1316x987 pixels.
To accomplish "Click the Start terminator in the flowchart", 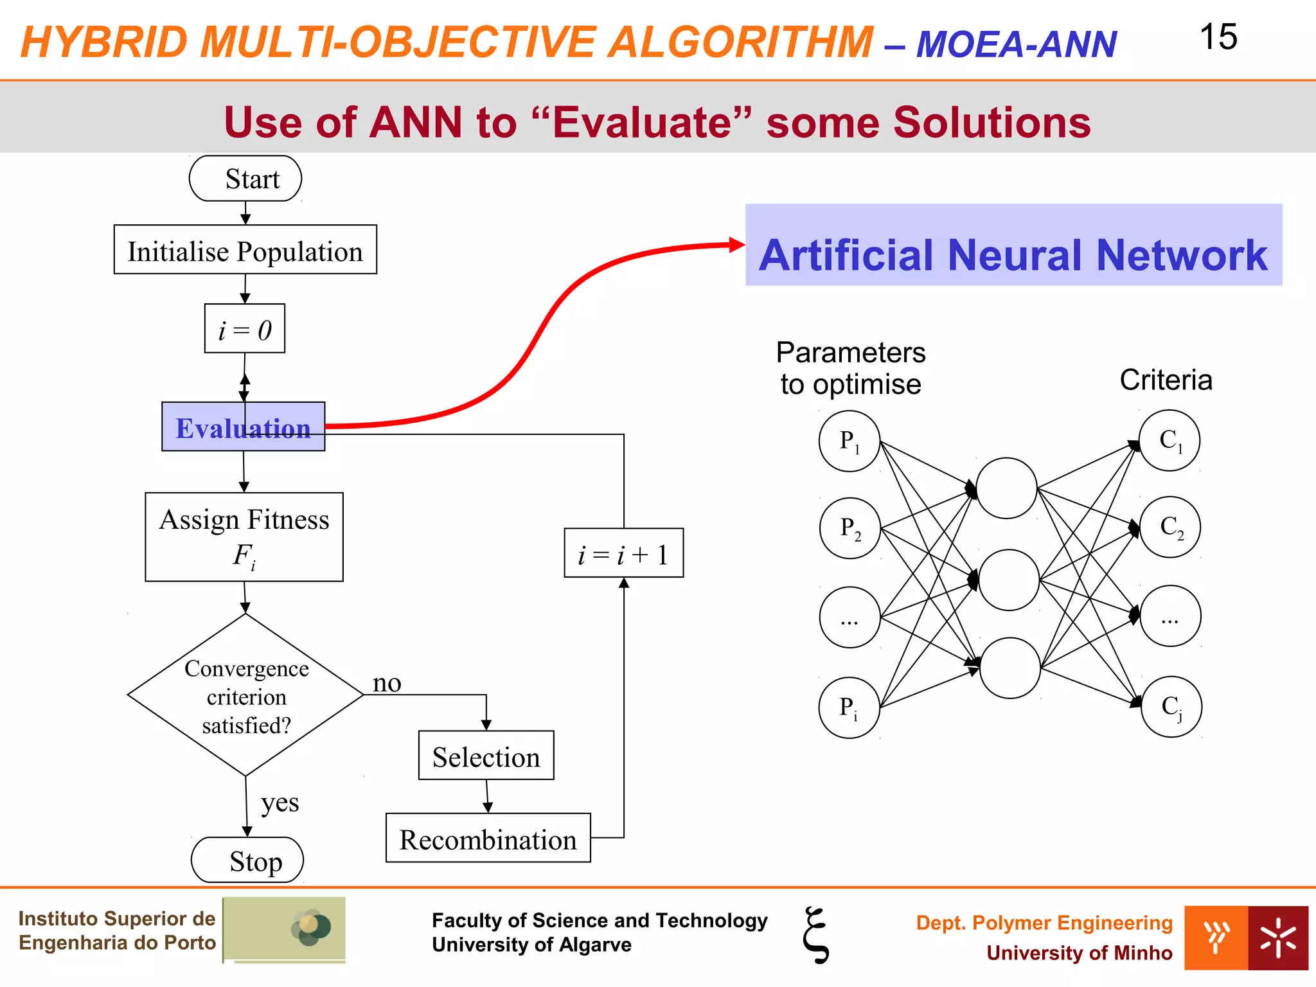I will (245, 179).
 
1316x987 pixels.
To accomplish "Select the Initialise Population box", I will (245, 250).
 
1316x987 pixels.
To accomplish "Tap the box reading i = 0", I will (245, 329).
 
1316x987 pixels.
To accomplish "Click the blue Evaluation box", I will (244, 427).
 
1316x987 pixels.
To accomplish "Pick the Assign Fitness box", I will (244, 537).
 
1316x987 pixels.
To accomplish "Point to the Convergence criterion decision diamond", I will (246, 695).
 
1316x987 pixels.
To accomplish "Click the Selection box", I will (486, 756).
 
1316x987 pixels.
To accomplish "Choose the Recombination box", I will (488, 839).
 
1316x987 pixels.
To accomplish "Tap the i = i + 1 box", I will (624, 553).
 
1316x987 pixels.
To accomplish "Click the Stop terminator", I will (248, 860).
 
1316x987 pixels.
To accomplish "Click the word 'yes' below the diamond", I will (280, 803).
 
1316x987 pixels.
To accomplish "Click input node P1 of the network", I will (849, 441).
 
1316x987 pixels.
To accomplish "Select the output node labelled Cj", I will (1171, 707).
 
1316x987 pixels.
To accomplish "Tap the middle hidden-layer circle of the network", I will (1009, 580).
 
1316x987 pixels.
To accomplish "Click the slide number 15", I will (1218, 37).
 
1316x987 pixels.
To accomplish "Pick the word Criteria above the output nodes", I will (1166, 380).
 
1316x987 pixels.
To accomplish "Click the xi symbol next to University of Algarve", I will (816, 935).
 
